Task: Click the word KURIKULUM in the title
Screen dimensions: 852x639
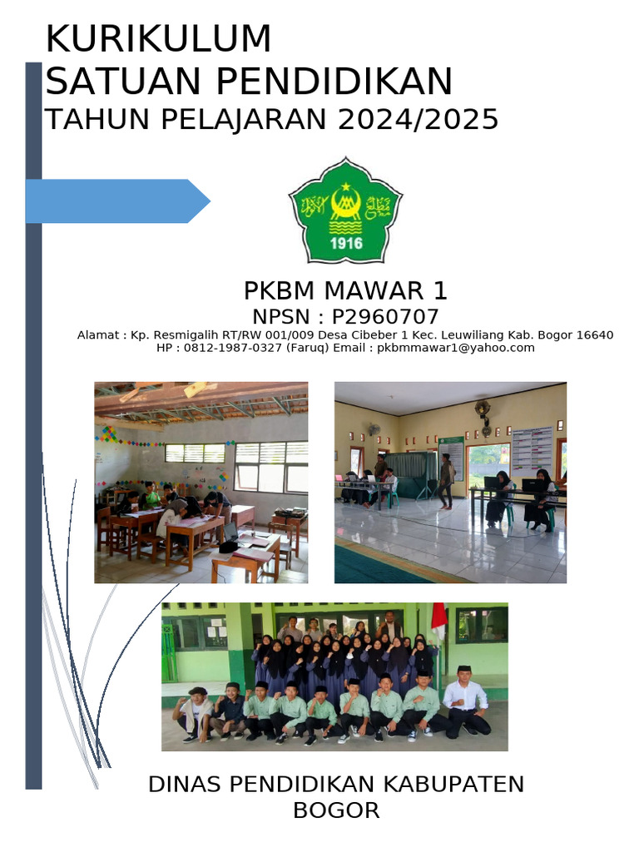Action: (158, 39)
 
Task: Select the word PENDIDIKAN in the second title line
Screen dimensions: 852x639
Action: (335, 82)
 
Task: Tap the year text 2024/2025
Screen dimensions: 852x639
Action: (418, 120)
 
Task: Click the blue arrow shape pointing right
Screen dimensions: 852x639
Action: (116, 201)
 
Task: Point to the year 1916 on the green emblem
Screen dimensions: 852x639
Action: (346, 243)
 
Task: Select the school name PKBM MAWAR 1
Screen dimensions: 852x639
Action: (345, 290)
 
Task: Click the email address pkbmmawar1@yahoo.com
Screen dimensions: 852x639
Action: (456, 348)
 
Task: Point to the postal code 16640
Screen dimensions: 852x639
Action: (595, 335)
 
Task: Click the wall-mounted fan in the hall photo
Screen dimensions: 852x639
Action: (483, 412)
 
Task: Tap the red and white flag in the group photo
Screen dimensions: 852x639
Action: (438, 620)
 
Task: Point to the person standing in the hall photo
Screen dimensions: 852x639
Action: (447, 478)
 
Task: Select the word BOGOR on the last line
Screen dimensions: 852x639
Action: (335, 810)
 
